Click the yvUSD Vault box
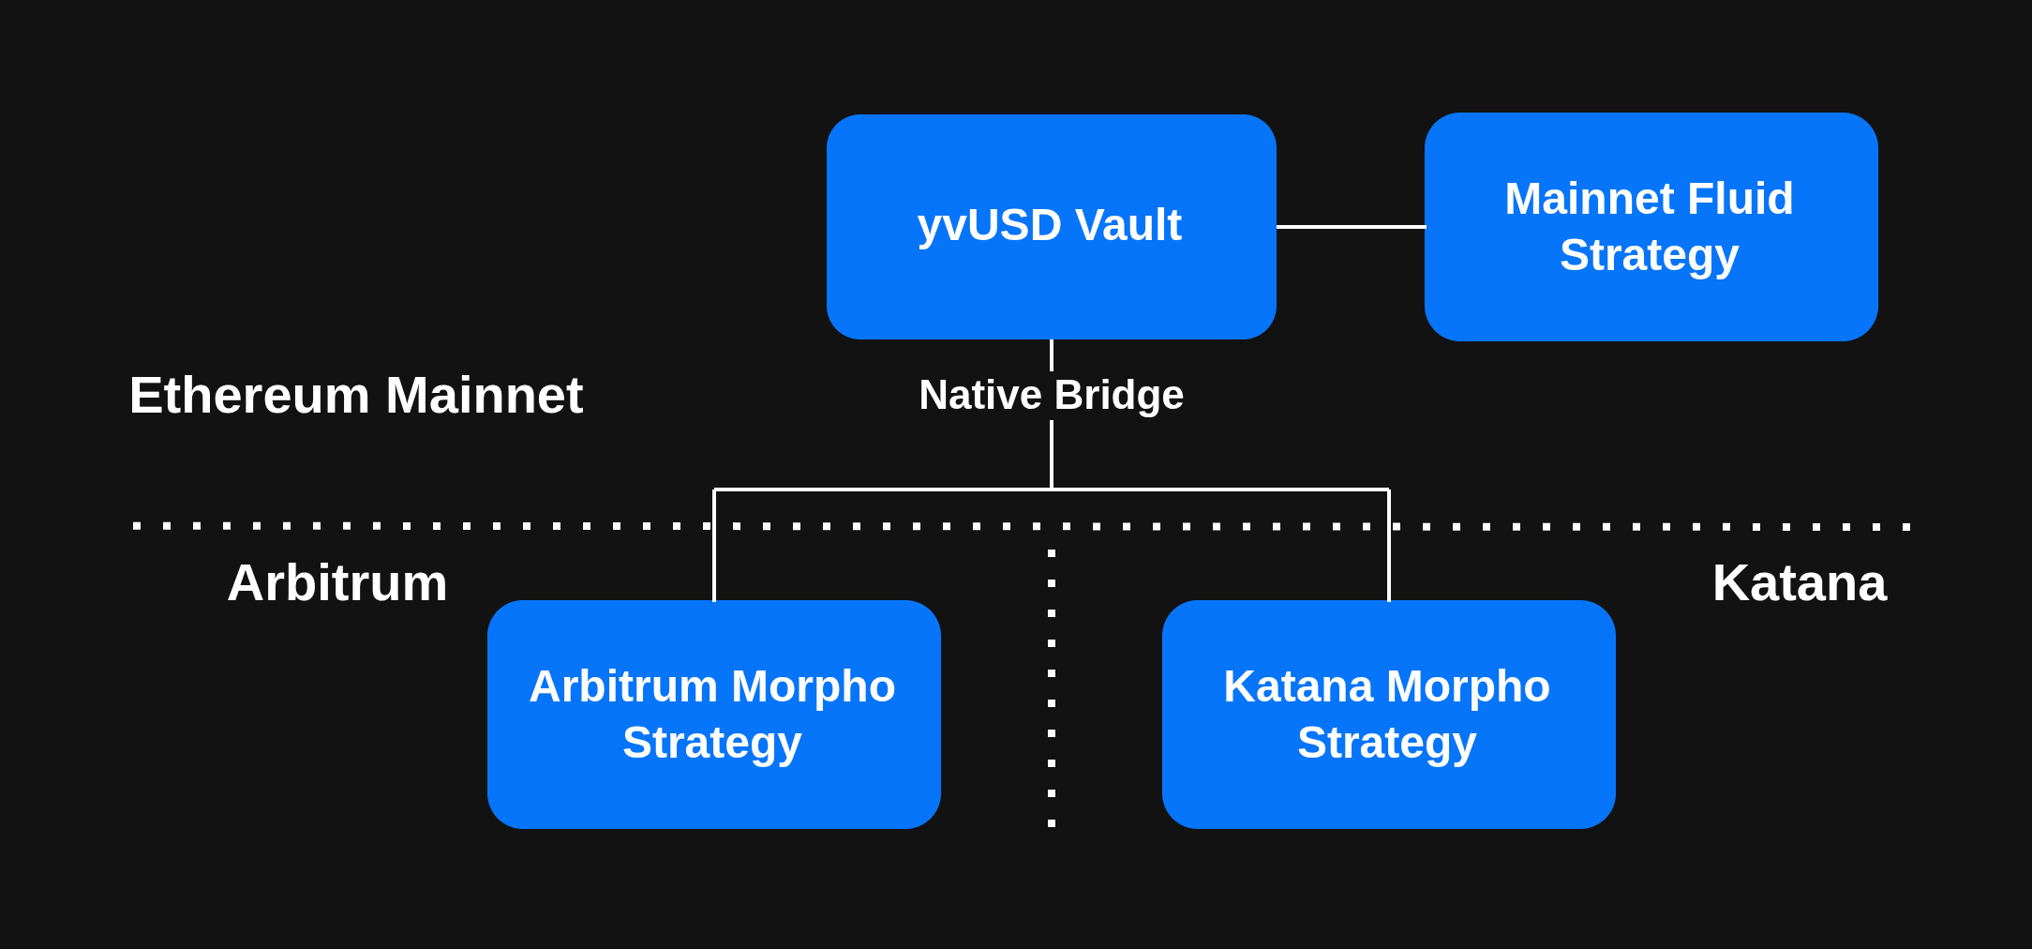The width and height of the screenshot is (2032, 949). [x=1051, y=226]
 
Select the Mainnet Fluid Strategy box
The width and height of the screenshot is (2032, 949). [x=1650, y=226]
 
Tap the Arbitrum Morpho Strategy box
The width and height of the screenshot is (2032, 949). [x=713, y=714]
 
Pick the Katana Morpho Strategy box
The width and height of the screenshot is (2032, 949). [x=1388, y=714]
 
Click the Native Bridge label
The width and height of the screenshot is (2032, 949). [x=1051, y=395]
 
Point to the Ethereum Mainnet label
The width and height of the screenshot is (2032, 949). [x=356, y=395]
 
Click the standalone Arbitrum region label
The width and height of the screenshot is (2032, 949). [x=337, y=582]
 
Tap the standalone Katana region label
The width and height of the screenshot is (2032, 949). [x=1799, y=582]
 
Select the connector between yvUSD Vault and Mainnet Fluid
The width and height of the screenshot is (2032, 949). [x=1351, y=226]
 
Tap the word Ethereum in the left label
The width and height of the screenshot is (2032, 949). [x=249, y=395]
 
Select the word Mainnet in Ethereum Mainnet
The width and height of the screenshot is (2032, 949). [x=484, y=395]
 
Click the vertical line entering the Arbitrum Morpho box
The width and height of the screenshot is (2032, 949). [x=714, y=563]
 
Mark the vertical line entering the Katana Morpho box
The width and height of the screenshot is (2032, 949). [x=1389, y=563]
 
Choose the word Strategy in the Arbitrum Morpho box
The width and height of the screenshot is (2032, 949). [x=712, y=743]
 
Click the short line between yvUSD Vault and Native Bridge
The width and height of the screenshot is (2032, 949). [x=1052, y=355]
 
